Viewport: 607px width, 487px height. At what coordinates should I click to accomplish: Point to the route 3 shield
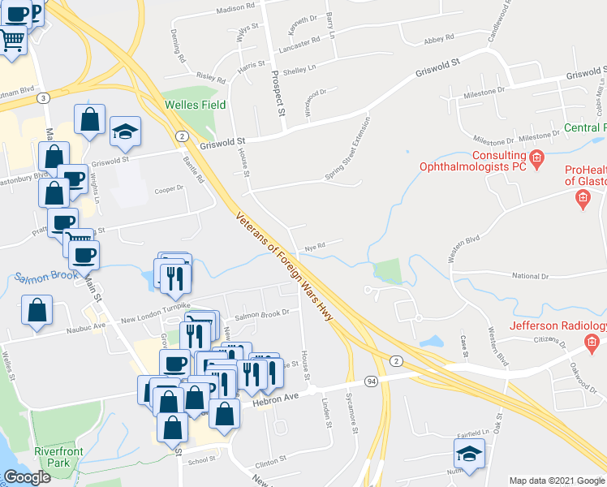pos(43,97)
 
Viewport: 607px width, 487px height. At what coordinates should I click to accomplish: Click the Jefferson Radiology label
pos(557,326)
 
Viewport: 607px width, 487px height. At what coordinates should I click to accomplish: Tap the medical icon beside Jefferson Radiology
pos(592,344)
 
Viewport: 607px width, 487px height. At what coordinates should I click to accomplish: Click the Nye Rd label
pos(315,246)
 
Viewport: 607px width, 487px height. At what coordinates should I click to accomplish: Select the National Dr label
pos(531,276)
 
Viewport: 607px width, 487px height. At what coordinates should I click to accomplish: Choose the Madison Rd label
pos(235,11)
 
